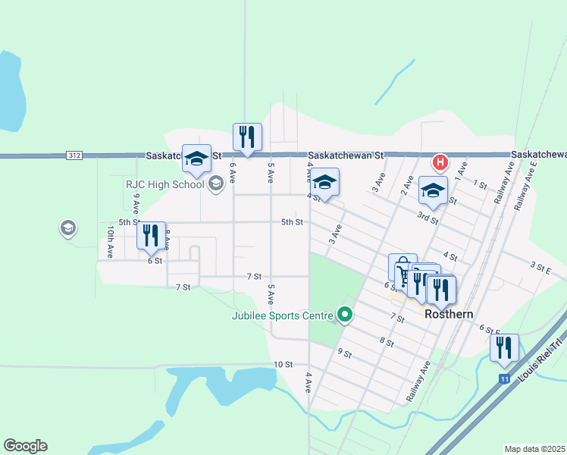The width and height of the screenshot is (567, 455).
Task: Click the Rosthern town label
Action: (x=449, y=313)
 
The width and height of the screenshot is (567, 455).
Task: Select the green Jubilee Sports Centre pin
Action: (x=346, y=313)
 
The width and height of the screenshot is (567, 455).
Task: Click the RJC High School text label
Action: (x=164, y=184)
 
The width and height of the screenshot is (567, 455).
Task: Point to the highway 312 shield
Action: (x=74, y=155)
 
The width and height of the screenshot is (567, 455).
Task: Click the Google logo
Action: (x=25, y=446)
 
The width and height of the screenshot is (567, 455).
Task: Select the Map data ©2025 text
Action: (x=535, y=449)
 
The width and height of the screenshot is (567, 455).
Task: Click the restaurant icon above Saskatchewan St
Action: (x=248, y=136)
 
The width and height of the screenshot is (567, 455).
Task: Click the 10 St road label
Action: (x=283, y=365)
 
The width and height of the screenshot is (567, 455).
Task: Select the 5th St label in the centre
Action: (x=292, y=222)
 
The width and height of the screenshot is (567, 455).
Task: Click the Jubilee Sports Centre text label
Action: (x=282, y=315)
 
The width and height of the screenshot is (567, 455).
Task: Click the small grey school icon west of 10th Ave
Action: (x=68, y=227)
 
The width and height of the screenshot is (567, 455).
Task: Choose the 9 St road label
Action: (x=346, y=353)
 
